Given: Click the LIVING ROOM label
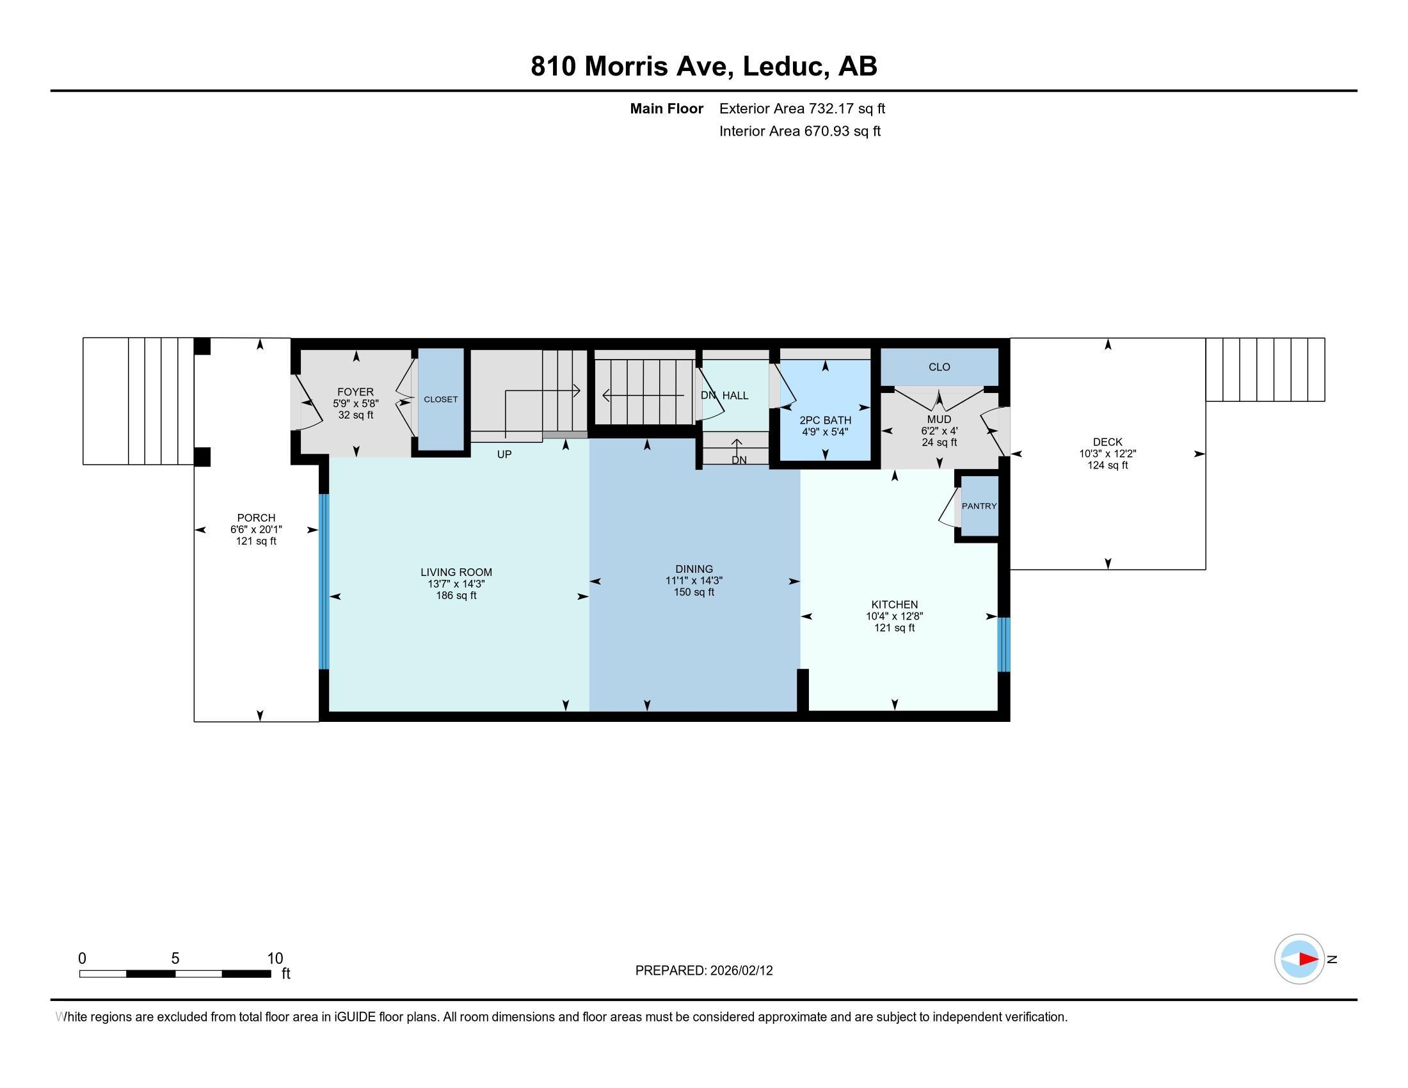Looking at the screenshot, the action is click(456, 572).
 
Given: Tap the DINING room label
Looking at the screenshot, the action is click(694, 569).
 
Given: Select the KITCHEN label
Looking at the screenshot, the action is click(894, 605).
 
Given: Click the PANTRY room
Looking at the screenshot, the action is click(979, 506).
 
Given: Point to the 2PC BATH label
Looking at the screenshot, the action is click(825, 420).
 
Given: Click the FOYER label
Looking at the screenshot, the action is click(355, 392).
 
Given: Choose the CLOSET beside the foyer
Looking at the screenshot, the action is click(441, 399).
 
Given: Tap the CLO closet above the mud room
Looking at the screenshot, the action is click(940, 367).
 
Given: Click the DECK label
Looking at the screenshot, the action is click(1108, 442).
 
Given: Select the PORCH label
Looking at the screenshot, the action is click(256, 518).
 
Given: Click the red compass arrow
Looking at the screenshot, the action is click(1308, 959).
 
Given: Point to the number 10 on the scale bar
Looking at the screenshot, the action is click(275, 959).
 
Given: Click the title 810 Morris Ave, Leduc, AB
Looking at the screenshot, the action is click(704, 66).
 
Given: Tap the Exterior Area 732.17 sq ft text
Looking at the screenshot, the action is click(802, 108).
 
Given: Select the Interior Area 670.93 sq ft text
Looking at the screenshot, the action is click(800, 131).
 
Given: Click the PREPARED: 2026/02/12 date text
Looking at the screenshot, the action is click(704, 971).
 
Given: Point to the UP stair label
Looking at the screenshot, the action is click(504, 454).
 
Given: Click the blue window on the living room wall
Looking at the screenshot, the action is click(324, 582).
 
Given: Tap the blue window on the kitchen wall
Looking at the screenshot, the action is click(1004, 644).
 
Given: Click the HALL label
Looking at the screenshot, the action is click(735, 396).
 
